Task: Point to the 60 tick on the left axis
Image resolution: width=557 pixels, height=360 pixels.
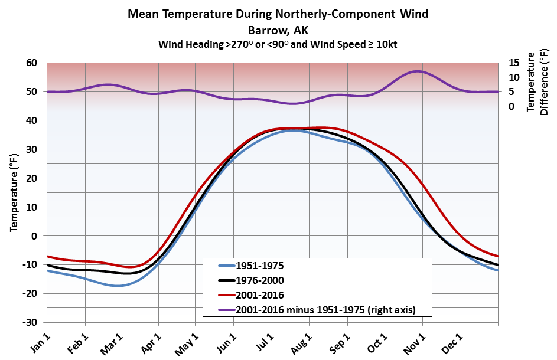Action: pyautogui.click(x=31, y=63)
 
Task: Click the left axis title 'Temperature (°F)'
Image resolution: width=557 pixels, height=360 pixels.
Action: pyautogui.click(x=14, y=193)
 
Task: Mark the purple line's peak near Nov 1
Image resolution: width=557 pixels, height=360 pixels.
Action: pyautogui.click(x=418, y=71)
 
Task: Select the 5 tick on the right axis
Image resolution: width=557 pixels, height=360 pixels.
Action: pyautogui.click(x=508, y=92)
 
